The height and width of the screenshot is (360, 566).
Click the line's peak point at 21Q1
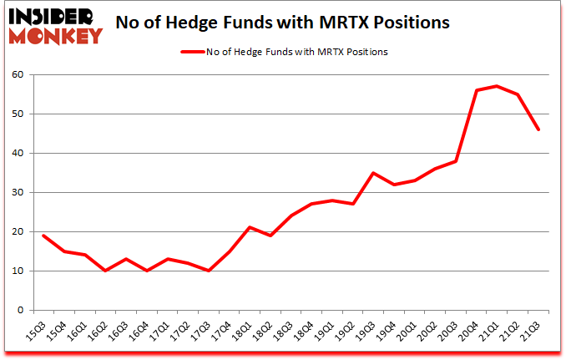coord(498,86)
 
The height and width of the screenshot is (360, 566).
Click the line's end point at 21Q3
coord(538,129)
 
